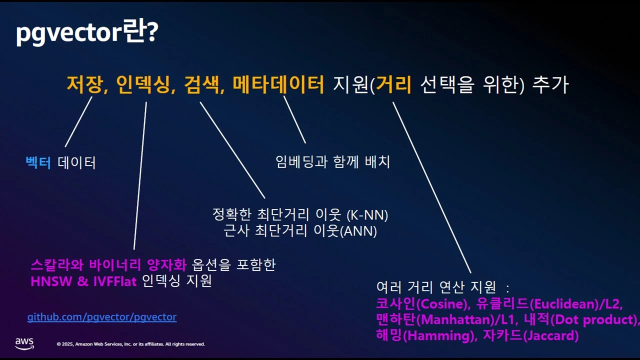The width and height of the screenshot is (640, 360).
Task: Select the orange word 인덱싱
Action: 142,84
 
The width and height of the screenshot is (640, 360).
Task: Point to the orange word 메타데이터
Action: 278,84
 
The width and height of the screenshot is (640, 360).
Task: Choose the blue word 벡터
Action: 38,162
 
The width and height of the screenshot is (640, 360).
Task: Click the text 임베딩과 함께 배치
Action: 332,161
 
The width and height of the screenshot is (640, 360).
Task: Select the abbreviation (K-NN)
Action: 367,215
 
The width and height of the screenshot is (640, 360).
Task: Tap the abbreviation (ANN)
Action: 358,231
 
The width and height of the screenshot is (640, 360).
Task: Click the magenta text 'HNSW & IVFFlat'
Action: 83,281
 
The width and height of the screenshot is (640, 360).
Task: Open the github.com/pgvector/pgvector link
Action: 101,317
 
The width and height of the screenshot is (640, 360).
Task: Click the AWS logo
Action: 24,343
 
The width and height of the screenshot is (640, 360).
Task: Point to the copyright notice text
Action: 130,344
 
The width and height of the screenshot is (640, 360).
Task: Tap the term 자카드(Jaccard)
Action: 530,335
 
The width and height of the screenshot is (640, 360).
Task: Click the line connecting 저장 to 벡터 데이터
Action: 79,121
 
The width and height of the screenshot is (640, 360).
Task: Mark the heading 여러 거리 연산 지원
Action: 436,287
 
